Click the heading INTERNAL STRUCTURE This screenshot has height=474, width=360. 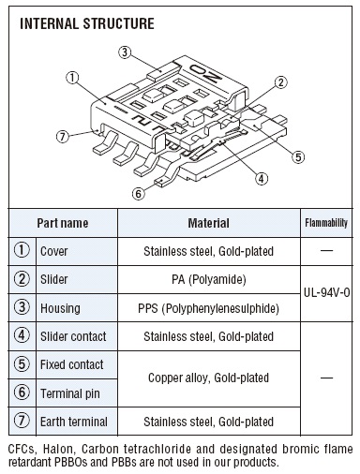[87, 23]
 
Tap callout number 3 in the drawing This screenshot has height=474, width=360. [125, 52]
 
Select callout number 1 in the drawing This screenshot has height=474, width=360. [72, 78]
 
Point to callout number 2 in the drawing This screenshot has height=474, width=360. [280, 82]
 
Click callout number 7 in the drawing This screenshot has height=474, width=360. [63, 137]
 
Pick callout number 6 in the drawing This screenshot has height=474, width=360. [139, 194]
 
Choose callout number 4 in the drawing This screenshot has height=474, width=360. [262, 179]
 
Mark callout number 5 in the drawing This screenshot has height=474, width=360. [298, 156]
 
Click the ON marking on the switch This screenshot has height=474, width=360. [206, 73]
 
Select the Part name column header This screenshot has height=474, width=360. [63, 223]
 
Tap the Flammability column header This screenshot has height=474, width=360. [326, 223]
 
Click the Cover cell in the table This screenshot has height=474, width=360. [53, 251]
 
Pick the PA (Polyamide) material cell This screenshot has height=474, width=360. [209, 279]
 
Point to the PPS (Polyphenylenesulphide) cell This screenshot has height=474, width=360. [209, 308]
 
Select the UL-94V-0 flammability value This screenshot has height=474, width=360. [326, 292]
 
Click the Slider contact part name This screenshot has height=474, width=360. [73, 336]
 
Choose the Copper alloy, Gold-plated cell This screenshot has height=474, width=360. [208, 378]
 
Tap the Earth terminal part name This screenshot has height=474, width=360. [74, 422]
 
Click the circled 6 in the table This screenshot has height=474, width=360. [22, 393]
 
